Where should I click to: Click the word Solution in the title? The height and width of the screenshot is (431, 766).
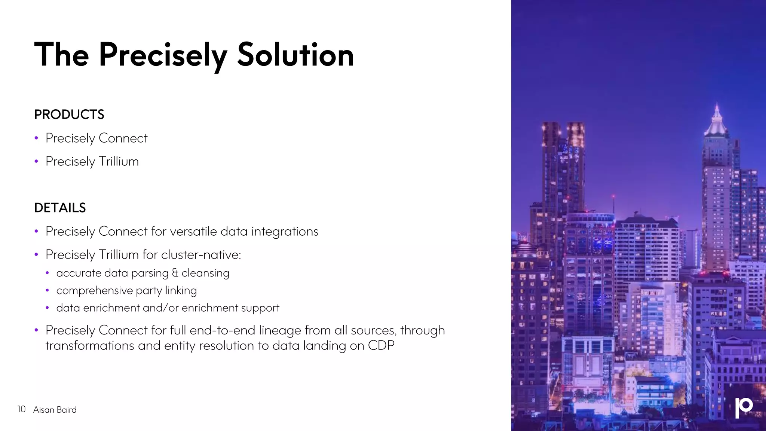click(x=295, y=55)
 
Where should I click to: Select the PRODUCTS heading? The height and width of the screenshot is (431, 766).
click(x=69, y=114)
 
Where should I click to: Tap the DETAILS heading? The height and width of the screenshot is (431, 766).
click(x=60, y=208)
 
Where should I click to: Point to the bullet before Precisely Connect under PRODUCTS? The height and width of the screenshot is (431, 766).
click(x=36, y=138)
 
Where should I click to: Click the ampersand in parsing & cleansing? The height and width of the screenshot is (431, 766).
click(x=175, y=273)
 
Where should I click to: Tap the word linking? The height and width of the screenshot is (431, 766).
click(x=181, y=291)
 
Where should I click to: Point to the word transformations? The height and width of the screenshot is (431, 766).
click(x=90, y=346)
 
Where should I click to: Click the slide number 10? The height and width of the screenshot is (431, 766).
click(x=21, y=409)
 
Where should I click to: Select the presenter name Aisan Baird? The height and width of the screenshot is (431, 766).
click(x=55, y=410)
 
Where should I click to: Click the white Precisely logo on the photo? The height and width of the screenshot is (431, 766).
click(x=744, y=407)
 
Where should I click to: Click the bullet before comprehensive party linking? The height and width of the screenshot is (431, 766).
click(x=48, y=291)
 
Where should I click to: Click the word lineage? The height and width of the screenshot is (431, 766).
click(x=280, y=330)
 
